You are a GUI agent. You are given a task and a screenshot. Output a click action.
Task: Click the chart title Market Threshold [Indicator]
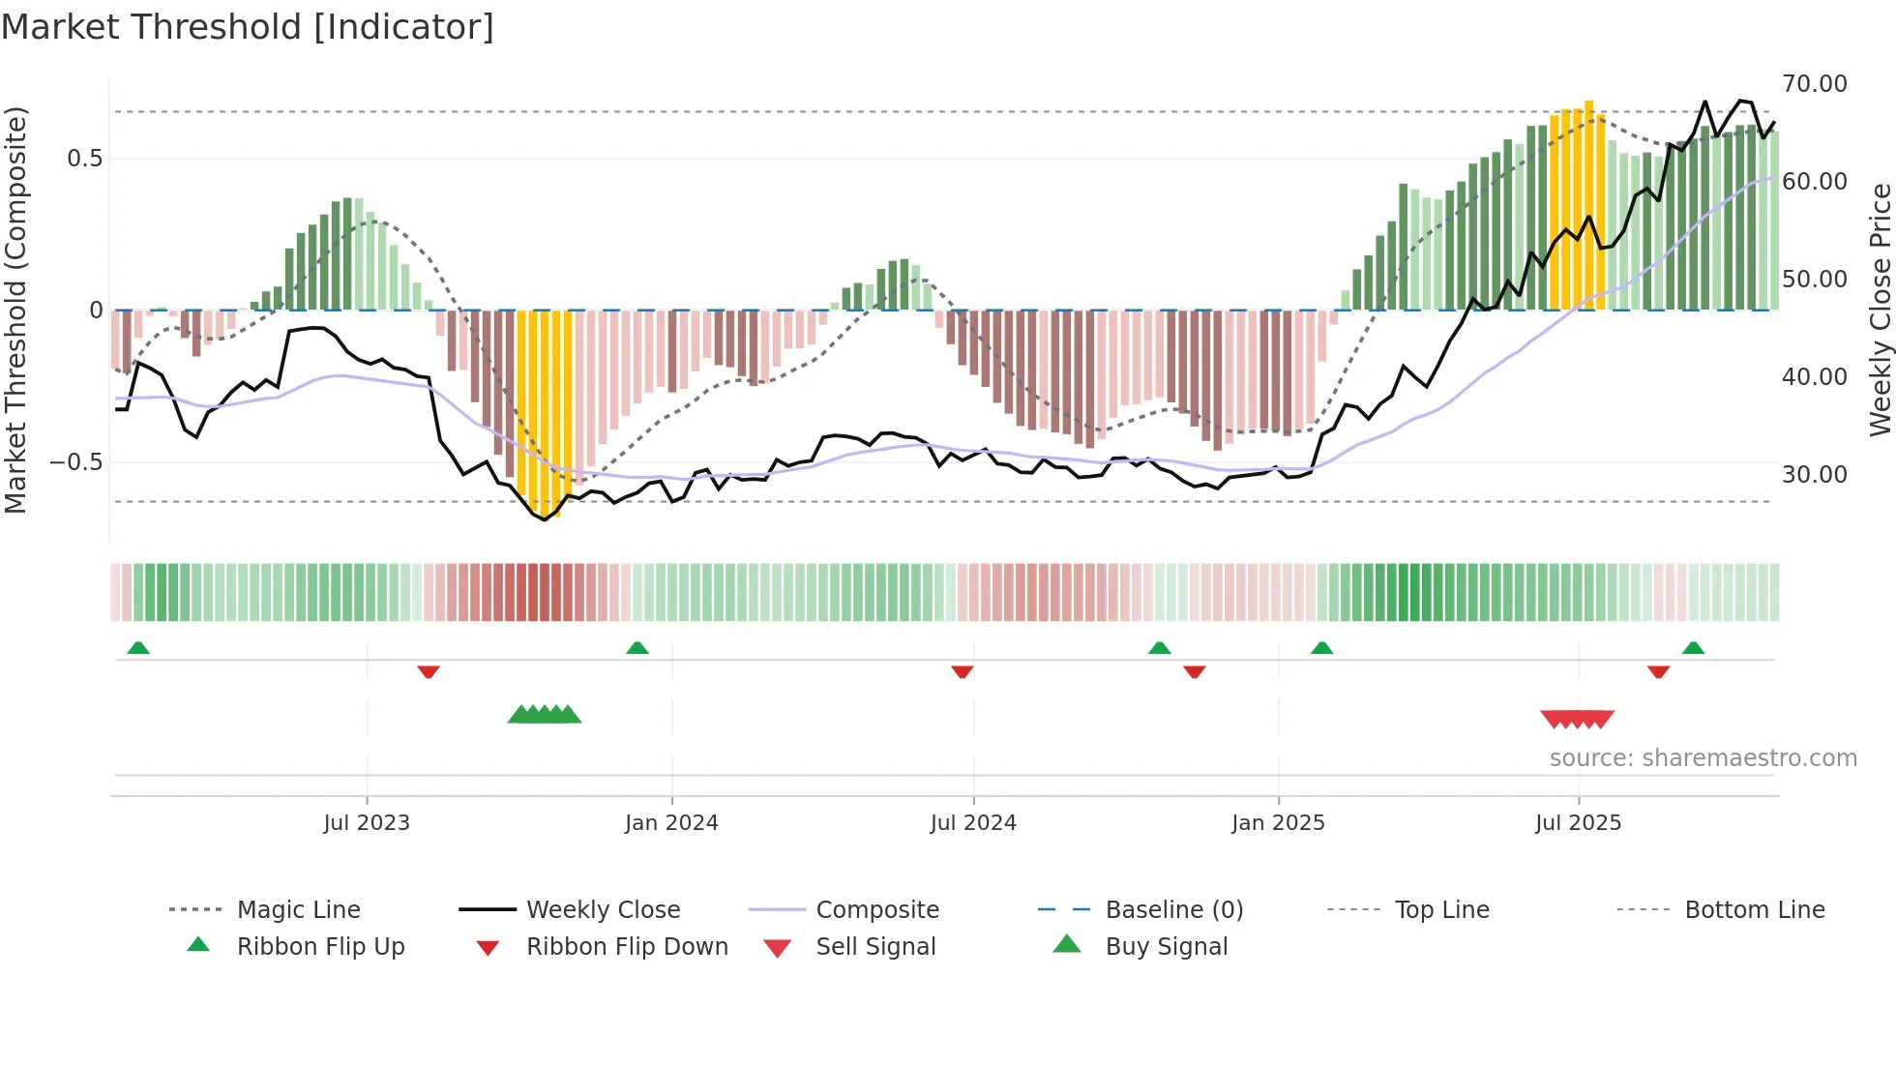tap(248, 27)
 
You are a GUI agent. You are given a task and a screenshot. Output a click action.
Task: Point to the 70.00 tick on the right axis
tap(1814, 84)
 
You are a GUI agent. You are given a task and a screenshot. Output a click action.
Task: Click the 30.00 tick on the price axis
tap(1814, 475)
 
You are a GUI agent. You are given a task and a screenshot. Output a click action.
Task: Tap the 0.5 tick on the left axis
tap(84, 159)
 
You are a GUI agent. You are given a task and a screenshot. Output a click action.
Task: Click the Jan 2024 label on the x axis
tap(671, 823)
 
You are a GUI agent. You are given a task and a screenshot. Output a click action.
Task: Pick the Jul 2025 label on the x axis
tap(1578, 823)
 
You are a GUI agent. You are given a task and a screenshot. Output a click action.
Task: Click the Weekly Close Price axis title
tap(1880, 310)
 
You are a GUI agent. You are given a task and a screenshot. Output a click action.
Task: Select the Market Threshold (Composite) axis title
tap(15, 310)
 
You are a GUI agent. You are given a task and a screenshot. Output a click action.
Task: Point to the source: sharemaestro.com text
tap(1703, 758)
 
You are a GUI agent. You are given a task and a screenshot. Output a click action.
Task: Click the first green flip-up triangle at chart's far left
tap(138, 648)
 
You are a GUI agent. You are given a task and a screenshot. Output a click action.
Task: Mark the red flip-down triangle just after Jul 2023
tap(429, 671)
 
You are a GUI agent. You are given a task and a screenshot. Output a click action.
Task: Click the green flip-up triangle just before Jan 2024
tap(637, 648)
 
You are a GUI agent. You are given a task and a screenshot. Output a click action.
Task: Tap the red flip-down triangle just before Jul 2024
tap(962, 671)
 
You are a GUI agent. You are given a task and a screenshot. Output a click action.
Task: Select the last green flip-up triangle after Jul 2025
tap(1693, 648)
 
